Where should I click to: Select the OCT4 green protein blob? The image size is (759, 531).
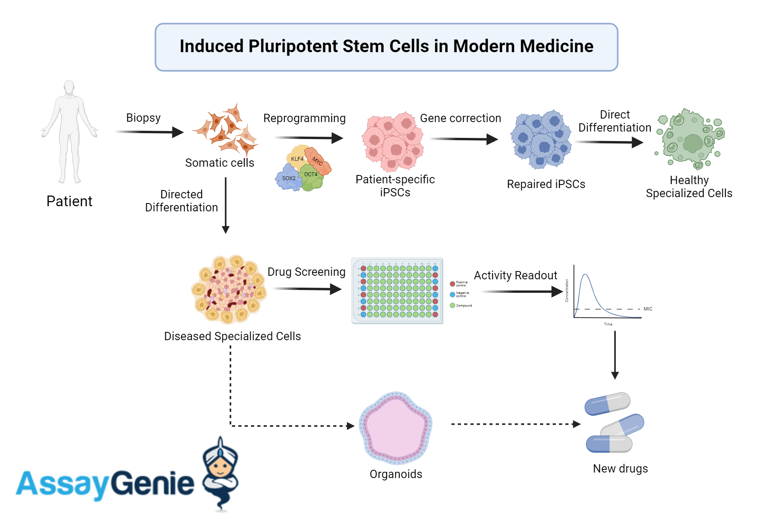click(x=311, y=176)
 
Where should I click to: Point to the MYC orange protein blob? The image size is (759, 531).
click(x=318, y=161)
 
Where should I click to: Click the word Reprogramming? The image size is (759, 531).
click(x=304, y=118)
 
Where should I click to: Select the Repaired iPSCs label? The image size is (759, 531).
click(x=546, y=184)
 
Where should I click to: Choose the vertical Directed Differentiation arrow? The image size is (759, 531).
click(x=226, y=205)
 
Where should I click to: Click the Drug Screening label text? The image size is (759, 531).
click(x=306, y=272)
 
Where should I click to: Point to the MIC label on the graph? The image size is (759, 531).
click(x=648, y=309)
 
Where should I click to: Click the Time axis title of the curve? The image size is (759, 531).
click(x=608, y=324)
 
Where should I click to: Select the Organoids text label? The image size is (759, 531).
click(x=396, y=474)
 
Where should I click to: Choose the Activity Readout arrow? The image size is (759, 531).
click(x=522, y=292)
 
